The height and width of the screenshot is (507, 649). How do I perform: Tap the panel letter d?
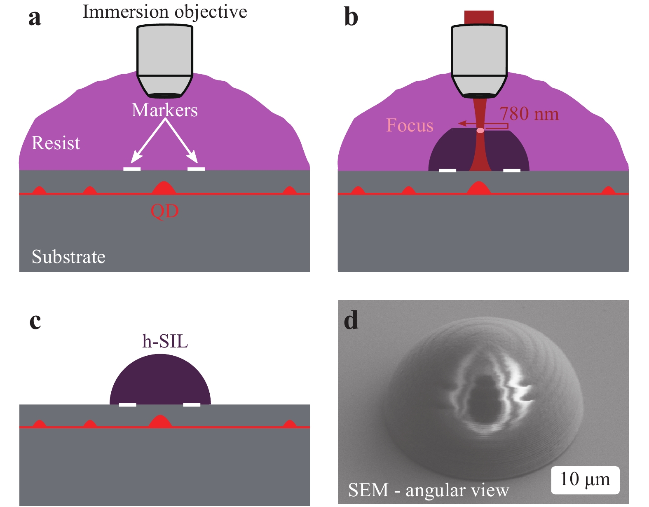(351, 321)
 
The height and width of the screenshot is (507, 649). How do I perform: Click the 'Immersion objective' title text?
(165, 12)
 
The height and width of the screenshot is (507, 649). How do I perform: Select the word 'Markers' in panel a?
(164, 110)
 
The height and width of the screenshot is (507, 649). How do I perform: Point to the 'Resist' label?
(56, 143)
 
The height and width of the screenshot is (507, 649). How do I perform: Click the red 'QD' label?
(164, 211)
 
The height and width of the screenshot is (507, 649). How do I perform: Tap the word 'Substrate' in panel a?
(68, 257)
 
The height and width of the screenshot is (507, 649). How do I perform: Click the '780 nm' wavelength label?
(529, 114)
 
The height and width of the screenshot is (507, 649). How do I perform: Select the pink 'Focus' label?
(410, 125)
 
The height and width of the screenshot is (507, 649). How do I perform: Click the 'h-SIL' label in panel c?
(165, 341)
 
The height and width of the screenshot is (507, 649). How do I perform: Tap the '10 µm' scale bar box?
(585, 480)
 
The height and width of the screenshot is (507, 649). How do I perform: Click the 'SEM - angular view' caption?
(429, 490)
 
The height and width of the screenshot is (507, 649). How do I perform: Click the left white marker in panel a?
(132, 169)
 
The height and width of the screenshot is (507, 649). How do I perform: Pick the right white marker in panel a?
(196, 169)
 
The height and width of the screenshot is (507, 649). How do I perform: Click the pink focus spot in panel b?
(480, 131)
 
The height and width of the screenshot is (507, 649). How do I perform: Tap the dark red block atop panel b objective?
(479, 18)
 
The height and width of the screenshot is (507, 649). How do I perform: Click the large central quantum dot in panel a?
(164, 188)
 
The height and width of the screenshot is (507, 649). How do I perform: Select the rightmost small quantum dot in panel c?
(290, 424)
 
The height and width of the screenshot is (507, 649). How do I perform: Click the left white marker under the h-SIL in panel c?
(127, 405)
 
